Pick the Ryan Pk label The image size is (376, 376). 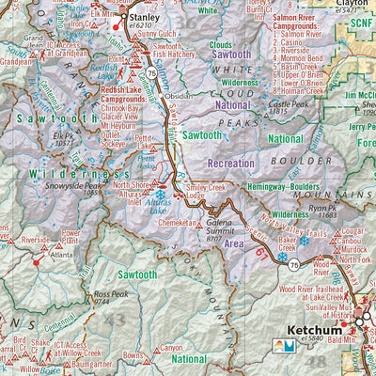(x=349, y=209)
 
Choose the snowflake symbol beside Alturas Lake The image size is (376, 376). (x=159, y=195)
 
